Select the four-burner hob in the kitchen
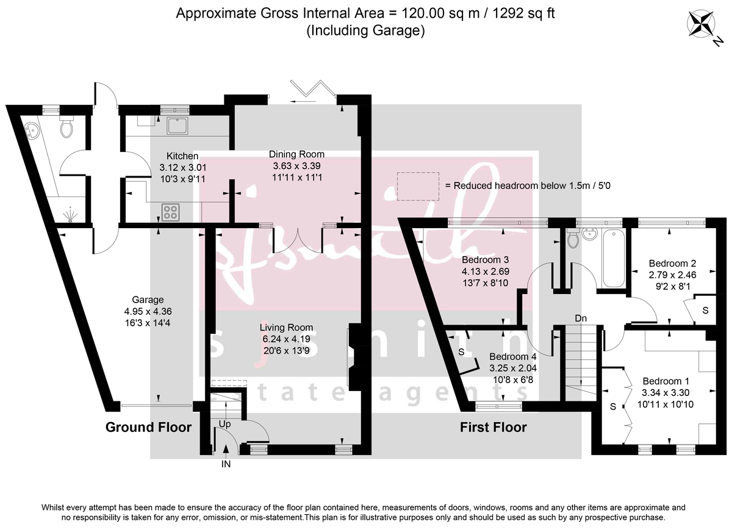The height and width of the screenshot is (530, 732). click(x=170, y=212)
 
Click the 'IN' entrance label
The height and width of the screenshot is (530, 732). click(x=226, y=464)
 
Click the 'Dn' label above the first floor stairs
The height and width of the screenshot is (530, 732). click(x=581, y=318)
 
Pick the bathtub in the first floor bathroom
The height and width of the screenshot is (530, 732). click(x=612, y=258)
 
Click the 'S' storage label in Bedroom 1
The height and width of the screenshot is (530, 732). click(x=614, y=406)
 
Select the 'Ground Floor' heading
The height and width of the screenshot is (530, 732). click(x=148, y=427)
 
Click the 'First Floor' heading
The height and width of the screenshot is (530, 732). click(x=493, y=427)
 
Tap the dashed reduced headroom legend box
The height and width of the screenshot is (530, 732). click(x=418, y=186)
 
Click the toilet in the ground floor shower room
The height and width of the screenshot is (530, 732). click(x=66, y=127)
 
